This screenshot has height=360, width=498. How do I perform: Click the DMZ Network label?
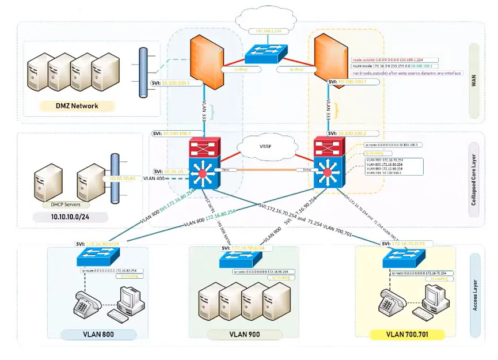click(x=77, y=106)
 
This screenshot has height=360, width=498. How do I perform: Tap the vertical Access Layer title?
click(x=475, y=294)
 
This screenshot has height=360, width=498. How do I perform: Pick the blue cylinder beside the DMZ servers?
click(x=143, y=72)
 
